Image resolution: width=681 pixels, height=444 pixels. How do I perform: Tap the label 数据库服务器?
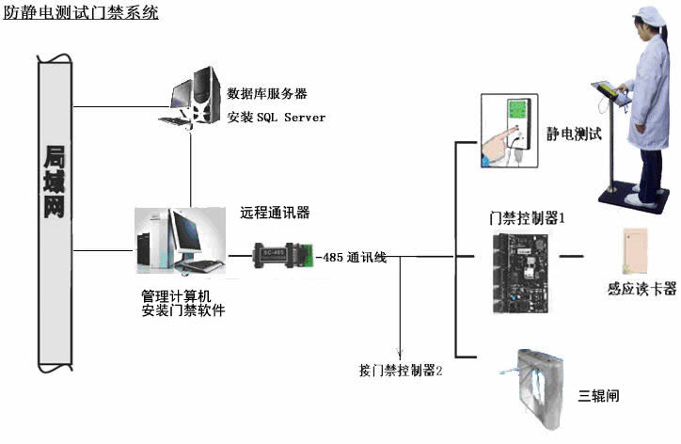267,94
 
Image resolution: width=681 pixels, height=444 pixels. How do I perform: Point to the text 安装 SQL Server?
276,118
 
